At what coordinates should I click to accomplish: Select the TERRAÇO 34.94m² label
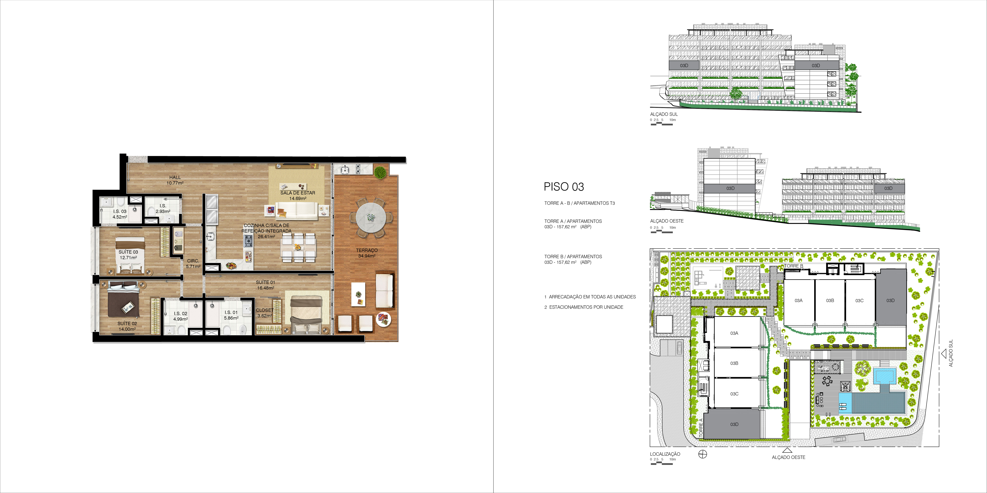pyautogui.click(x=367, y=253)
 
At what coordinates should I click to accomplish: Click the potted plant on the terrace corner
pyautogui.click(x=380, y=173)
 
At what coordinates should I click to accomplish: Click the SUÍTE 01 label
pyautogui.click(x=266, y=282)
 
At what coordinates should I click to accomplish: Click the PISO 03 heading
pyautogui.click(x=564, y=187)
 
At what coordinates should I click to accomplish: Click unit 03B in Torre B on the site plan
pyautogui.click(x=830, y=301)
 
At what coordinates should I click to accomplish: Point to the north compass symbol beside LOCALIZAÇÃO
pyautogui.click(x=703, y=454)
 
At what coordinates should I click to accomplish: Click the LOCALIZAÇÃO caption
pyautogui.click(x=665, y=454)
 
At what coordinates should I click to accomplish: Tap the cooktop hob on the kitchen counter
pyautogui.click(x=248, y=241)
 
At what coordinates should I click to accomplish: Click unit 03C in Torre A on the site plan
pyautogui.click(x=734, y=394)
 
